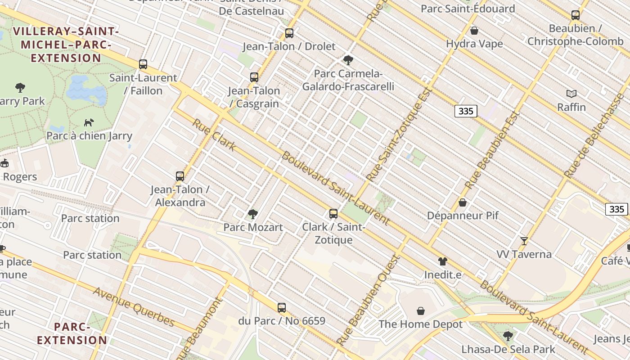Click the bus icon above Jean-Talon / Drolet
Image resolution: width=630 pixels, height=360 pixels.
289,33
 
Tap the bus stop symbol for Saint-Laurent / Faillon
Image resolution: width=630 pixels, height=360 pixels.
143,64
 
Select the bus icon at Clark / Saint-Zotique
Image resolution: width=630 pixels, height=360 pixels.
333,214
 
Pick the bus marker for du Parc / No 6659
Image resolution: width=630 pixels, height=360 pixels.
282,308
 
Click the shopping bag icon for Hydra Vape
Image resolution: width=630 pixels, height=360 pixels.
474,31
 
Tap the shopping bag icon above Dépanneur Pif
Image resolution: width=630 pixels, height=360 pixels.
462,202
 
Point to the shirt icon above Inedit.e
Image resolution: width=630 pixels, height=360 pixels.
443,261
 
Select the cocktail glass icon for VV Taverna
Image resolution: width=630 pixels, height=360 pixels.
524,241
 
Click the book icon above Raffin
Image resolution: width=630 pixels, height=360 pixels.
571,94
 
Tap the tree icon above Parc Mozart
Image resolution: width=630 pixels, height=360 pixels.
253,214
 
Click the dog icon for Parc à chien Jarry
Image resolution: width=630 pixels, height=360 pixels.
89,122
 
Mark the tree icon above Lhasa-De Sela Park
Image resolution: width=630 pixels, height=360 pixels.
508,336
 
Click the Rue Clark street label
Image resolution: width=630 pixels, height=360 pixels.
214,135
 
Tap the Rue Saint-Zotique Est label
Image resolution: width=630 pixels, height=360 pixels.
400,134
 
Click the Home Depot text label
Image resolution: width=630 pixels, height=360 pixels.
420,324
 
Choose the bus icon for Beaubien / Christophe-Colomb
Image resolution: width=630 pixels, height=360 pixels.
575,15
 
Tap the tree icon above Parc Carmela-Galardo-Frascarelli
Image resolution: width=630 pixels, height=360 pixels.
348,60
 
